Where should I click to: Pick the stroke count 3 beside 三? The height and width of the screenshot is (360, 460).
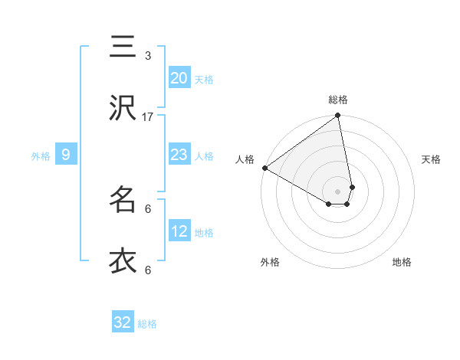(148, 56)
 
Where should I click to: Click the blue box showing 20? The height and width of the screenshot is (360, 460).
(179, 78)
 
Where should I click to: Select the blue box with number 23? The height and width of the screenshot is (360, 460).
(179, 155)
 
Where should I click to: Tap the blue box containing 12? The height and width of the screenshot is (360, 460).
(179, 231)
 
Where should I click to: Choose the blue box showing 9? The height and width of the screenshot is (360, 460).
(66, 155)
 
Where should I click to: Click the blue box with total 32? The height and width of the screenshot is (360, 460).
(123, 322)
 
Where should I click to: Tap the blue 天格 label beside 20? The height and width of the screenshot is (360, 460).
(204, 79)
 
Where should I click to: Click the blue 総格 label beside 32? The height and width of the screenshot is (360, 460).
(147, 324)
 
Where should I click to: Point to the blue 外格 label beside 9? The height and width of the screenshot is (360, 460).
(41, 155)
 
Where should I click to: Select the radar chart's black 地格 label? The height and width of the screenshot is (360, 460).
(402, 262)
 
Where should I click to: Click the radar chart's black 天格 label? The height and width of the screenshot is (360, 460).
(431, 159)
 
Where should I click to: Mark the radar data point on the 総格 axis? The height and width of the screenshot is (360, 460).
(337, 116)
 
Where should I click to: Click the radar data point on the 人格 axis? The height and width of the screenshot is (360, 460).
(264, 168)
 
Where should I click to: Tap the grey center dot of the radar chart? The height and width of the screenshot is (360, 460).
(337, 191)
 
